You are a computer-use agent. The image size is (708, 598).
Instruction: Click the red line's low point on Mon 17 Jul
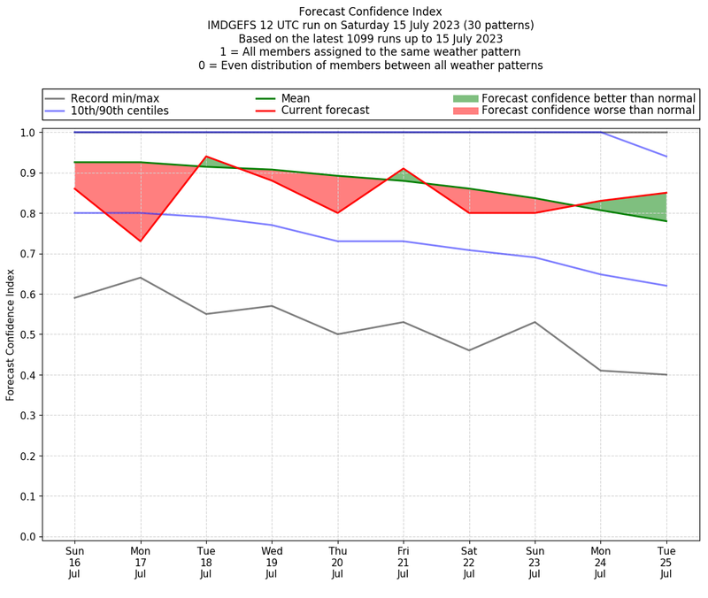[140, 241]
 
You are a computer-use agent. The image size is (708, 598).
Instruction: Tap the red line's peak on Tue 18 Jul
[206, 157]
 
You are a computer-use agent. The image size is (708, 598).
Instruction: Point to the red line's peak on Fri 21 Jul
[404, 168]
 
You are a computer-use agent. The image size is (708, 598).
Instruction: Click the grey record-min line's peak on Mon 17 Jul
[140, 278]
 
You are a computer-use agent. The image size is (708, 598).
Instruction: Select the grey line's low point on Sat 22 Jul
[469, 350]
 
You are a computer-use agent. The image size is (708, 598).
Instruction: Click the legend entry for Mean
[296, 98]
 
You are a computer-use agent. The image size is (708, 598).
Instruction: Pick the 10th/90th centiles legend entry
[119, 111]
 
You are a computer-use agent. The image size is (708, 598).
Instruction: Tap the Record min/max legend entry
[112, 98]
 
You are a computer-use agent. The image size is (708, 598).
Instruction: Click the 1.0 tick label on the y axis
[28, 133]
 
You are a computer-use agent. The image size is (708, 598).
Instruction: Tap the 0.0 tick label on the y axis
[28, 536]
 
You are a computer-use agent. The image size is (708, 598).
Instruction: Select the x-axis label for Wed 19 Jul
[272, 562]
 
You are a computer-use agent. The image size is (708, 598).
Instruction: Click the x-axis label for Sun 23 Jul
[535, 562]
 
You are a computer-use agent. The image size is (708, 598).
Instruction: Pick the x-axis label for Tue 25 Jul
[666, 562]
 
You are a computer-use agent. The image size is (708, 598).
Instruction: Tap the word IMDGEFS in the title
[232, 26]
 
